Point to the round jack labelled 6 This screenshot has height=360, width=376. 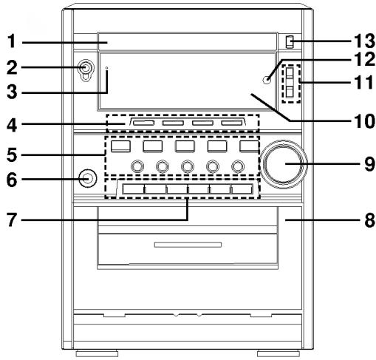coord(86,178)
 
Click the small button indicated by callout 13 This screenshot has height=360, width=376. coord(290,41)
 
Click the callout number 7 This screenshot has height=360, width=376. coord(11,220)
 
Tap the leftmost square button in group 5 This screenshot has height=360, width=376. coord(119,146)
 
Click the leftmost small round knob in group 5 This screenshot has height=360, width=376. coord(137,166)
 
